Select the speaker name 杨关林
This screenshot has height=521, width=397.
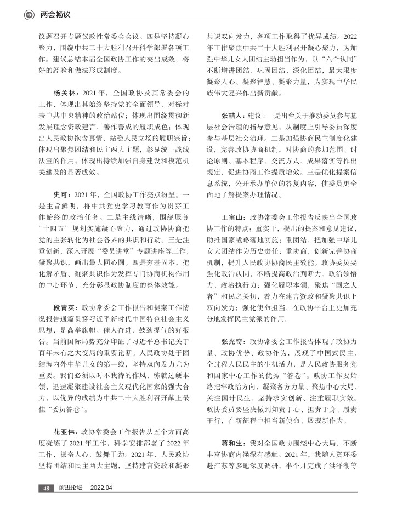[64, 93]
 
